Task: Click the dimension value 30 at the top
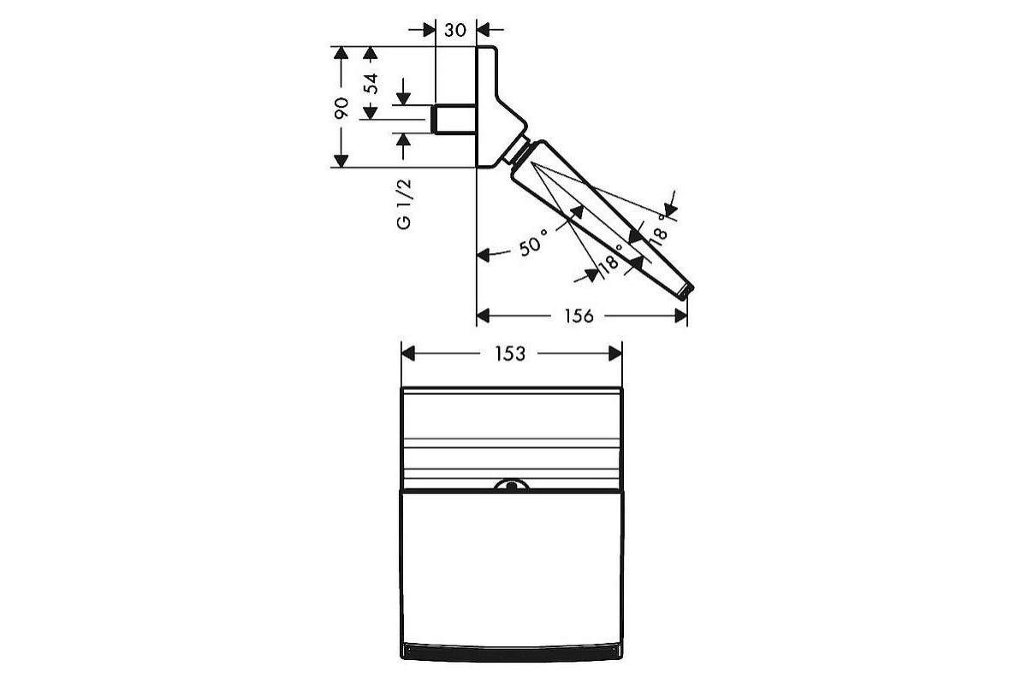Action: pos(455,30)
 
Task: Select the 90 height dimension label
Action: pos(341,108)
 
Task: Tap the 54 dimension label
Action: pos(371,84)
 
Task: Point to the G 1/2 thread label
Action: pos(404,204)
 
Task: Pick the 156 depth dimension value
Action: pos(579,315)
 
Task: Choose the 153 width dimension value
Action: pos(510,353)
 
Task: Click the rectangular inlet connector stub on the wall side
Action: pos(454,119)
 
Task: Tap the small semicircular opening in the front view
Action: pos(512,485)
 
